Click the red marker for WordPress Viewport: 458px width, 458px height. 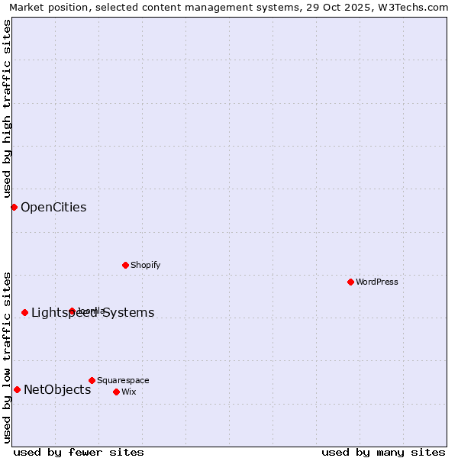pos(350,282)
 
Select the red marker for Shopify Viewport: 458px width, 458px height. pos(125,265)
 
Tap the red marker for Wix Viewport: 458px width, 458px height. pos(116,392)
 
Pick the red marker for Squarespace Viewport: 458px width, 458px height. pos(92,380)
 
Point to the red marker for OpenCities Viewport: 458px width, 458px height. pos(14,207)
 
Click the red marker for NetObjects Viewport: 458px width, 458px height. pos(17,389)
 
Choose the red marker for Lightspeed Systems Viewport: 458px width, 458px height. pos(24,312)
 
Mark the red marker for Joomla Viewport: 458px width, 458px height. pos(72,311)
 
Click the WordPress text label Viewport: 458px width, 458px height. pos(377,282)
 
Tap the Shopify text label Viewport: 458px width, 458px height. pos(145,265)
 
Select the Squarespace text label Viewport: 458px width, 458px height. pos(123,380)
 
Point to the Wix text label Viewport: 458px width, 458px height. pos(128,392)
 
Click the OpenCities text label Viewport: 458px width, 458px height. pos(53,207)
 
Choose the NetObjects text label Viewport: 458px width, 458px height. pos(57,389)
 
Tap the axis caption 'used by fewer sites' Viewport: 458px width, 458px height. pos(79,452)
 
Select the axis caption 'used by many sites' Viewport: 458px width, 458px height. pos(383,452)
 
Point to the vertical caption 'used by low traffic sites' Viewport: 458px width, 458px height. pos(8,357)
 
